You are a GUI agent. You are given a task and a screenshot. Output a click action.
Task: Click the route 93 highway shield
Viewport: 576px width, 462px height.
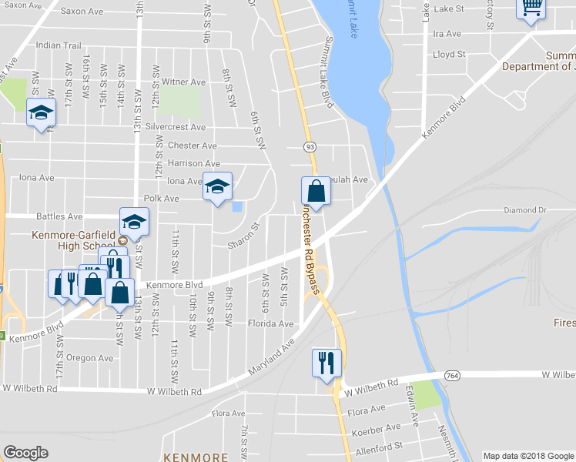coord(310,146)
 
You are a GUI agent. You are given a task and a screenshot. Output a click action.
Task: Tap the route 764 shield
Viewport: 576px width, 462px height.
coord(452,375)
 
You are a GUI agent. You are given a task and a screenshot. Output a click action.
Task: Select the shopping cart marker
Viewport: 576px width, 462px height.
coord(530,8)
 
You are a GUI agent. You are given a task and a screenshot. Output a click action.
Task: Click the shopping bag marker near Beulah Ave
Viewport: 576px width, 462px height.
coord(316,189)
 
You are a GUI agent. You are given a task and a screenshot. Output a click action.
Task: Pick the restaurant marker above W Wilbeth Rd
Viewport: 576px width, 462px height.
coord(326,362)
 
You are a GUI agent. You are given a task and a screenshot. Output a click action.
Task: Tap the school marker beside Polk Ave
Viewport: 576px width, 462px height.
coord(217,187)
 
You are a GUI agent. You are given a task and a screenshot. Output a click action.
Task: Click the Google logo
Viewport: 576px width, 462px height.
coord(26,453)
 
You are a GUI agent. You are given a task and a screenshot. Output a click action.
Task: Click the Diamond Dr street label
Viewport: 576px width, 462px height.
coord(524,209)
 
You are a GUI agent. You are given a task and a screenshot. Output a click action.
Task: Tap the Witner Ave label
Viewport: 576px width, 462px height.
coord(184,82)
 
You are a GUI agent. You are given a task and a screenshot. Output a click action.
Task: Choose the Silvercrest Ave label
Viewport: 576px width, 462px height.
coord(176,127)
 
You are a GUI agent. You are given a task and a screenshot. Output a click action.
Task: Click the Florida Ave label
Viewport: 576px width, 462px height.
coord(270,324)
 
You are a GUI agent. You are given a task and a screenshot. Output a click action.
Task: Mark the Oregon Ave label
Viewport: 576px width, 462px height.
coord(89,358)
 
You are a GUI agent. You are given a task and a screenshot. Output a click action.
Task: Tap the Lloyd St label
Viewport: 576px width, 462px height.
coord(450,55)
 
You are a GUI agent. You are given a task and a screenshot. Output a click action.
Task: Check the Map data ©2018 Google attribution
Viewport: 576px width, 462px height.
coord(528,456)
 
